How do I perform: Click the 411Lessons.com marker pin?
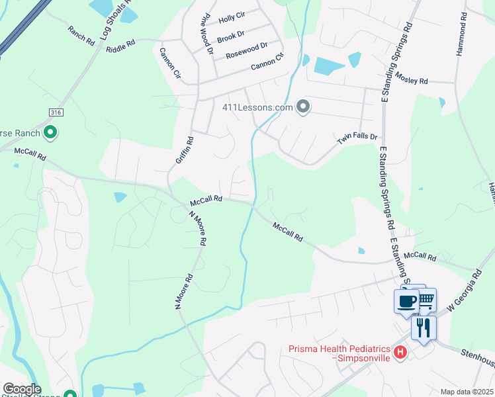(303, 107)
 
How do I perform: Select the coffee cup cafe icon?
(406, 301)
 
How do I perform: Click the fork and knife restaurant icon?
(423, 328)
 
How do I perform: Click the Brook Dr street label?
(230, 34)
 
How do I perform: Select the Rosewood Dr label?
(246, 50)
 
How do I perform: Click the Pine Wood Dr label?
(206, 33)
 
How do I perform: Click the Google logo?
(22, 389)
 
